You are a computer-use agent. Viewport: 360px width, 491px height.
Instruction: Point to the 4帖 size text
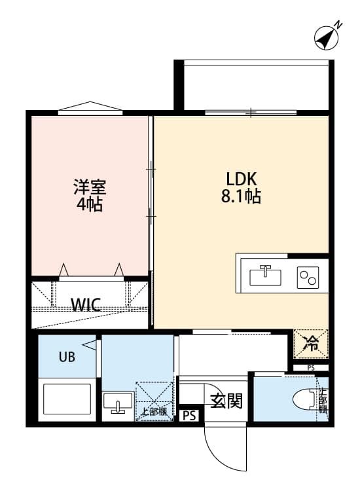89,204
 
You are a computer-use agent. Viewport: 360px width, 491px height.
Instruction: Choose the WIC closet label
86,305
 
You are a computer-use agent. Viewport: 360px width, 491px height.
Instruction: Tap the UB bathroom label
67,357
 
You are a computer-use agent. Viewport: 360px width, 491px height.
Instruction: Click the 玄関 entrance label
226,400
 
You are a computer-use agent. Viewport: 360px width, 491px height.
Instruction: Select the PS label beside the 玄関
189,415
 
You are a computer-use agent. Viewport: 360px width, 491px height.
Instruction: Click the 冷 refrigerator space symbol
312,343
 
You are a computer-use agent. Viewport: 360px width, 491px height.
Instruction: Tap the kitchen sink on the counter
265,276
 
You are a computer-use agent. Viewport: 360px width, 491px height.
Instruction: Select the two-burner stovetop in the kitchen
308,278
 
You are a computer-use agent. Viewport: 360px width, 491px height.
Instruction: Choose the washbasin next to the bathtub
118,403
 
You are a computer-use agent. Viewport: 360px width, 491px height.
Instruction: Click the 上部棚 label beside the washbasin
154,412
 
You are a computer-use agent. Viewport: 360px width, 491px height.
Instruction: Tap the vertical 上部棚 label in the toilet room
322,401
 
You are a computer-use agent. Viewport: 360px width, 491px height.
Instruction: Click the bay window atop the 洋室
90,107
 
